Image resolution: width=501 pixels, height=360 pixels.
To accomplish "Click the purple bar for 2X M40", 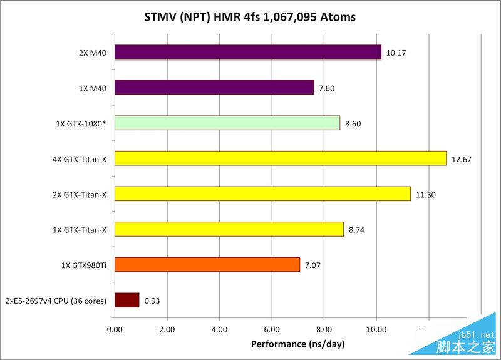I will tap(248, 52).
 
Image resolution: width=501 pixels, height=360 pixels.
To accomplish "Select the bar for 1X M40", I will tap(214, 88).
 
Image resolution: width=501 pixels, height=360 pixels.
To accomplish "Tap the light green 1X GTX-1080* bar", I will tap(227, 123).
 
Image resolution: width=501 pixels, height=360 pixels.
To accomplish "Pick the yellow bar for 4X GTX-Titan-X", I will tap(281, 158).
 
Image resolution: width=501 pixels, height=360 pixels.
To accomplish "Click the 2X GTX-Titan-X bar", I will tap(262, 194).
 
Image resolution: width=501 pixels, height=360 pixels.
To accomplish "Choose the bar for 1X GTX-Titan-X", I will tap(229, 229).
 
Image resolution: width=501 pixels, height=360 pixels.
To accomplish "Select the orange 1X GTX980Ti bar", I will tap(207, 265).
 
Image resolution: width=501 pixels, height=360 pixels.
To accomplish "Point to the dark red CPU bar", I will tap(127, 301).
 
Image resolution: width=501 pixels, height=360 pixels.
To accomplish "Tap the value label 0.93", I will tap(152, 301).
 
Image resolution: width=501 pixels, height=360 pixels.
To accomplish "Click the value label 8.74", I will tap(356, 230).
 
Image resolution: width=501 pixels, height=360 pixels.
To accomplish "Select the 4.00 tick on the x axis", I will tap(219, 329).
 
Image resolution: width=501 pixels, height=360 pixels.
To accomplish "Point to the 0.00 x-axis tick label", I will tap(115, 329).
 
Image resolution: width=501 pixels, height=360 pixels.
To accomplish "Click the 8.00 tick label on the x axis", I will tap(324, 329).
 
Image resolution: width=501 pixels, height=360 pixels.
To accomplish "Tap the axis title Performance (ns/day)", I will tap(297, 344).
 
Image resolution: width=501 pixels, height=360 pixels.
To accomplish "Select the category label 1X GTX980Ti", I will tap(81, 265).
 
